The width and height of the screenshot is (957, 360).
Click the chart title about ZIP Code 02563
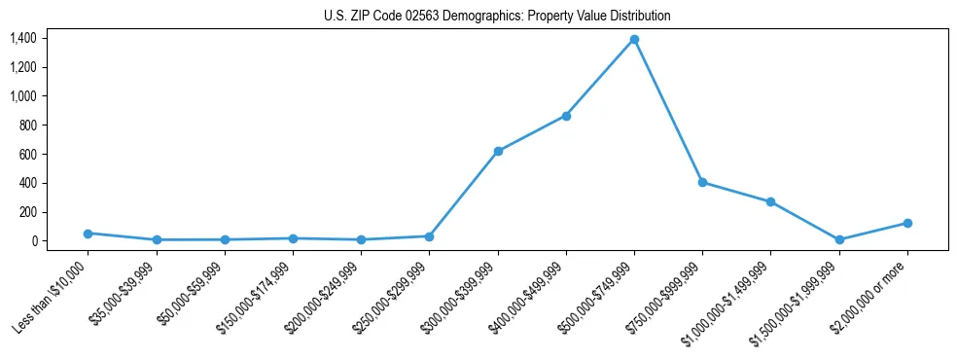point(497,17)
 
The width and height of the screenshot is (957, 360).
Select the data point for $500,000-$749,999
point(634,40)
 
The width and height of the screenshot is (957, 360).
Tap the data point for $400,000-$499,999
point(566,116)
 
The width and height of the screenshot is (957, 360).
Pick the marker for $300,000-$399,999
point(498,151)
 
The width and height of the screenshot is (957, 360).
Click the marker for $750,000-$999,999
point(702,182)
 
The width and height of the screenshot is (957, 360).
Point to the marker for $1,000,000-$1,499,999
point(770,201)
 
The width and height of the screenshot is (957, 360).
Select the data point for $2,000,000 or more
point(907,223)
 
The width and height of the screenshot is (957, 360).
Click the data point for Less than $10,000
point(89,234)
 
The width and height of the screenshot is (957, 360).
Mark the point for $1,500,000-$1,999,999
point(839,239)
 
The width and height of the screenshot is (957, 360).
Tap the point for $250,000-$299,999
point(430,236)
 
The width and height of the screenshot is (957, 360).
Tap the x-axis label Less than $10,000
point(53,292)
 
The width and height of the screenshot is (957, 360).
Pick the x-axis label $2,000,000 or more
point(872,292)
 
